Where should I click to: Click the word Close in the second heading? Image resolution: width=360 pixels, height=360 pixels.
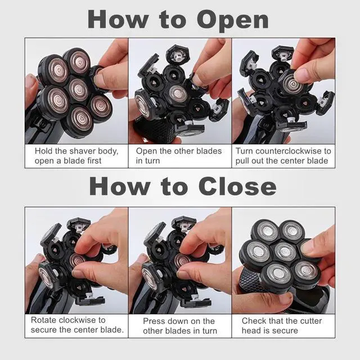coord(237,186)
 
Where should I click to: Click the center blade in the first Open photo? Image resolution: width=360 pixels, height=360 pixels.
coord(78,89)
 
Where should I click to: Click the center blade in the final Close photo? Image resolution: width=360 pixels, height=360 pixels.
coord(285,251)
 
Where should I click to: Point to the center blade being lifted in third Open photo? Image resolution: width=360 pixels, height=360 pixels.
coord(292,84)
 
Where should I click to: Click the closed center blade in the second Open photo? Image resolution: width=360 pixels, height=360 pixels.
coord(178,94)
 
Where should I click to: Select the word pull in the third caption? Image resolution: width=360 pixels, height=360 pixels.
coord(242,161)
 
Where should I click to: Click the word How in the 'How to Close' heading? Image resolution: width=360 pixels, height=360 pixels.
coord(120,186)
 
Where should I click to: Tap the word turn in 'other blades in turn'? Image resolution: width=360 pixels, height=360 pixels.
coord(210,331)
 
